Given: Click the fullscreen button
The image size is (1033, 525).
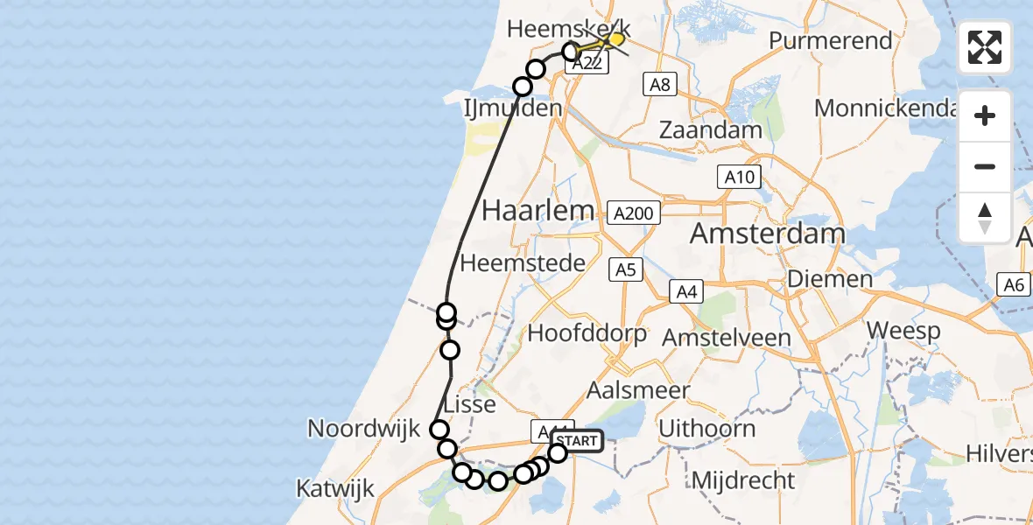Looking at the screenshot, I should click(985, 47).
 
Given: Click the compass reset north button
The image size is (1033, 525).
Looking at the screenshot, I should click(985, 218).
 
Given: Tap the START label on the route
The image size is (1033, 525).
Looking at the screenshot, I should click(579, 441).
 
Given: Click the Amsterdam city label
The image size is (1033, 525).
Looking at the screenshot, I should click(768, 234).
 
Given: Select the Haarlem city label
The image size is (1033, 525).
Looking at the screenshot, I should click(538, 211).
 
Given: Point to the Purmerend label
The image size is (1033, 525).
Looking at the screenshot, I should click(831, 41).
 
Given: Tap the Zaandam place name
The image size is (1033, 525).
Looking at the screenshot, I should click(710, 129).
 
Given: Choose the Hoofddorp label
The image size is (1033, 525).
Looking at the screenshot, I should click(587, 333).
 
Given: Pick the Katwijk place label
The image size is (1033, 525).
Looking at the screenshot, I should click(336, 487).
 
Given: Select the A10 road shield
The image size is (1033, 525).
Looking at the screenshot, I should click(738, 177).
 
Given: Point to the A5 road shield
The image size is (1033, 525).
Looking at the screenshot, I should click(626, 269).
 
